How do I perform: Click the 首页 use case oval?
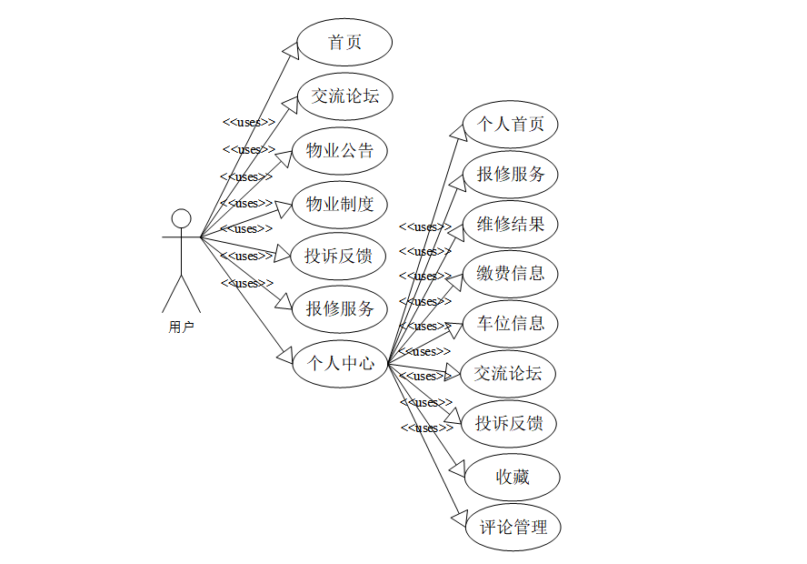345,43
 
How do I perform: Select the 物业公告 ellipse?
340,151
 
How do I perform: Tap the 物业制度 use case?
340,204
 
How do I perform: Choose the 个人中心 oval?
340,363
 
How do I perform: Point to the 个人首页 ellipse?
510,125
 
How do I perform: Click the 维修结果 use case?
510,224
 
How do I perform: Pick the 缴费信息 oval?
510,273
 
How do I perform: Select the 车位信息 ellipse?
510,323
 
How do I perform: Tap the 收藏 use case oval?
512,477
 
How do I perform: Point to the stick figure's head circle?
182,219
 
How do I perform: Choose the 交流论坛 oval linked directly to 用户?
345,96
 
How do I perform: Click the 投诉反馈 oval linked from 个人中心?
509,423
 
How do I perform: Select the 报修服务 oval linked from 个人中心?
510,174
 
